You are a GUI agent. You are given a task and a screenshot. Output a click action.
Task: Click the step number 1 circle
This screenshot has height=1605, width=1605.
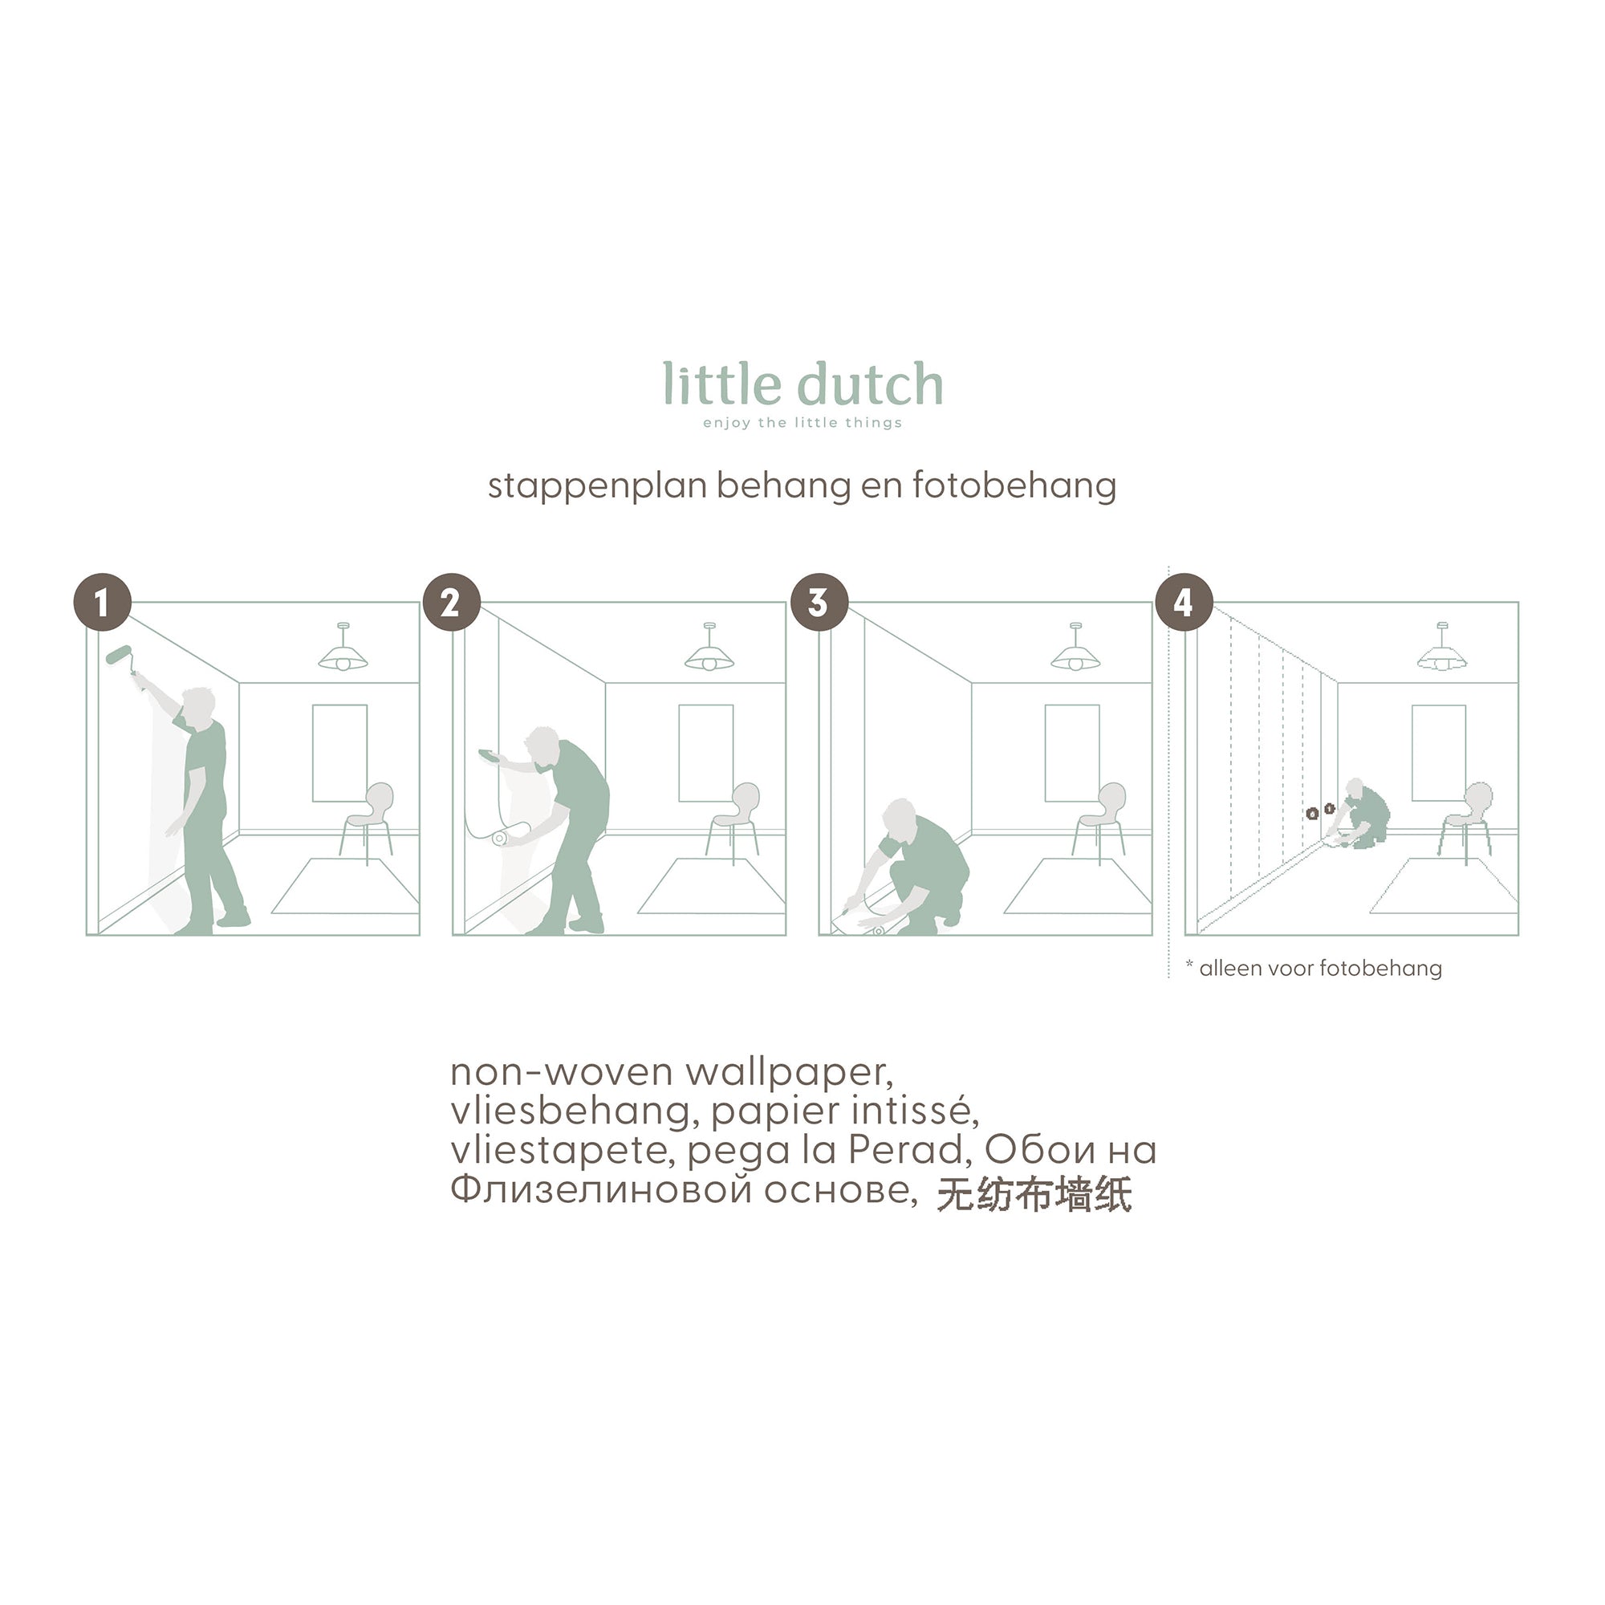coord(102,603)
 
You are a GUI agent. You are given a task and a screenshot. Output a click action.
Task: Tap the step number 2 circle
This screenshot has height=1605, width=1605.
coord(451,603)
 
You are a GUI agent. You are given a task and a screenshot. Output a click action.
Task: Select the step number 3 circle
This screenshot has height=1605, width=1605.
coord(819,603)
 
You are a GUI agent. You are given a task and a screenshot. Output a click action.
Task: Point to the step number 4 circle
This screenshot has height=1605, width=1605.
coord(1184,603)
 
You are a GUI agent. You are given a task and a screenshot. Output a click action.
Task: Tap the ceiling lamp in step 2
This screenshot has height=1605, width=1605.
coord(709,647)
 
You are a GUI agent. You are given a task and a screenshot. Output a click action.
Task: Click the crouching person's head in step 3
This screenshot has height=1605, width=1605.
coord(899,819)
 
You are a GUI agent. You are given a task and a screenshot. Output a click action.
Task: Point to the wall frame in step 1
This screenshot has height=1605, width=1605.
coord(339,753)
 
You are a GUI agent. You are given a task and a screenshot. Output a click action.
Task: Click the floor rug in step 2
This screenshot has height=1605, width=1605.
coord(712,887)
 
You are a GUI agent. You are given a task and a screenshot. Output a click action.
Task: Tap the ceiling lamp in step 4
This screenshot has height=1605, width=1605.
coord(1441,647)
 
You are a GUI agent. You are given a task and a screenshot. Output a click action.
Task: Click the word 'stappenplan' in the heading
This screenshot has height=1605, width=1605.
coord(597,487)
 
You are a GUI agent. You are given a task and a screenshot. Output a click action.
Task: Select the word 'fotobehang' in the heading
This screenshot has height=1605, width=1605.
coord(1014,486)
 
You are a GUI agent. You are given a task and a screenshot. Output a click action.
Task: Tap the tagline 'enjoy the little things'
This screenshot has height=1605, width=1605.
coord(802,423)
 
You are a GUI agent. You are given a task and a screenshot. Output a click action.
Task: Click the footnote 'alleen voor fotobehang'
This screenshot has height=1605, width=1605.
coord(1320,969)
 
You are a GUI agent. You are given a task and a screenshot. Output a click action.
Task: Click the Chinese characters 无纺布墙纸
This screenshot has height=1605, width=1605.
coord(1034,1196)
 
